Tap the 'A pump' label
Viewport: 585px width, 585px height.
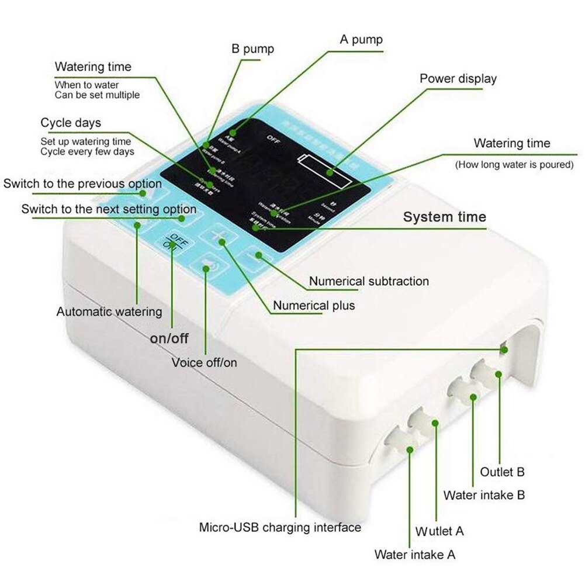[x=361, y=40]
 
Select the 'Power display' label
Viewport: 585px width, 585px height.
[x=458, y=78]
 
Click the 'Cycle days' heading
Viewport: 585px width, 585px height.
[x=70, y=123]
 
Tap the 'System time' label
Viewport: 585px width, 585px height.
[x=445, y=217]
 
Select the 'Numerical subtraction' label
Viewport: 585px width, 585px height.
[x=369, y=281]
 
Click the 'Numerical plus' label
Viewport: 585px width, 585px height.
[x=314, y=305]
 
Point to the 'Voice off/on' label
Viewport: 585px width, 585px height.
[x=204, y=362]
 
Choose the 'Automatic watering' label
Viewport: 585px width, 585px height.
[x=109, y=311]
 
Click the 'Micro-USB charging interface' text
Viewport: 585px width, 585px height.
[x=280, y=527]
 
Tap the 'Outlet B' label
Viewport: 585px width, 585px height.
[x=502, y=472]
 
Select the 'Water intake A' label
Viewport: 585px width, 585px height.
[x=414, y=554]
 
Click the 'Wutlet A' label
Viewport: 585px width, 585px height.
[x=439, y=531]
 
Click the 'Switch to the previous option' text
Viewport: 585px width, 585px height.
[x=82, y=184]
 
